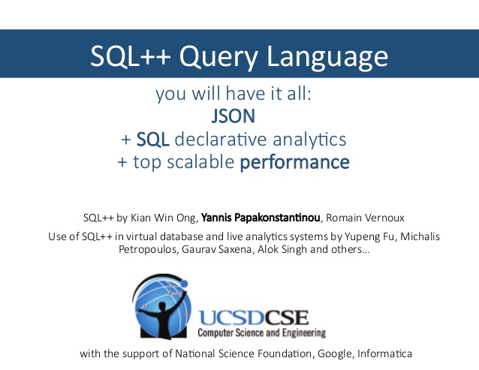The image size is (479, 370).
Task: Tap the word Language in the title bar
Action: tap(327, 56)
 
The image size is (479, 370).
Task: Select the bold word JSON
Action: tap(233, 116)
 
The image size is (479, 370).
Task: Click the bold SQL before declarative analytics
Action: tap(152, 140)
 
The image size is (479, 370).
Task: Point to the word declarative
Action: tap(221, 139)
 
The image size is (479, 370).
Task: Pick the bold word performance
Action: tap(295, 163)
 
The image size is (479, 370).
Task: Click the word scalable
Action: tap(200, 162)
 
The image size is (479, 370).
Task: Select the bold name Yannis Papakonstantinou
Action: tap(261, 218)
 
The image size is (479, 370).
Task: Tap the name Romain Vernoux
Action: tap(365, 218)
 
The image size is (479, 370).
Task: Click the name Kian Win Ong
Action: tap(163, 218)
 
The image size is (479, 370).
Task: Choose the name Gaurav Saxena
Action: tap(217, 249)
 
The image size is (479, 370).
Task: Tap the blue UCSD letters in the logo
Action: tap(231, 317)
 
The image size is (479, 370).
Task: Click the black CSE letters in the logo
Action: tap(286, 317)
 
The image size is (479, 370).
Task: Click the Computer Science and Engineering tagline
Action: tap(261, 332)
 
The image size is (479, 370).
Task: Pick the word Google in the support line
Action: tap(336, 353)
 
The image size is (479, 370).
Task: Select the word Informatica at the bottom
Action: tap(384, 353)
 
